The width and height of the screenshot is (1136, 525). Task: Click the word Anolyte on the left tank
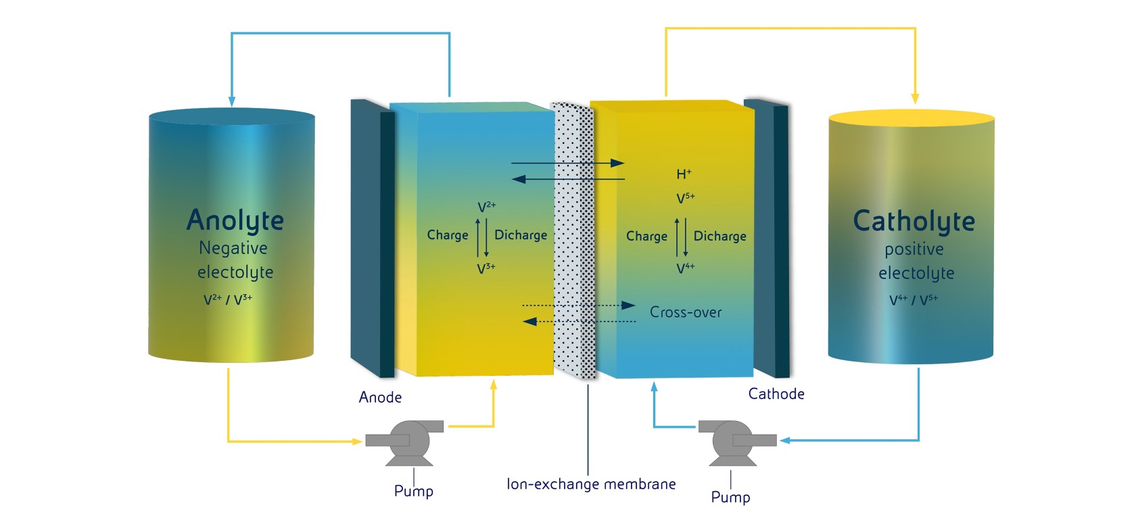click(235, 220)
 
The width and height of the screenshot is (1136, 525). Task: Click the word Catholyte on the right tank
click(914, 221)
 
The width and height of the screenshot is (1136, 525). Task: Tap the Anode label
click(380, 397)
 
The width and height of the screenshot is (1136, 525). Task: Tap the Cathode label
click(776, 394)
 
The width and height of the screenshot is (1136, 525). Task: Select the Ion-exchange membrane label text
click(591, 484)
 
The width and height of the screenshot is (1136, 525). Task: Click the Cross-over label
click(686, 312)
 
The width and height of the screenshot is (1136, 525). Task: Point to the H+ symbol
click(684, 174)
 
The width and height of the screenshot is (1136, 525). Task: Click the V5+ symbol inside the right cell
click(685, 198)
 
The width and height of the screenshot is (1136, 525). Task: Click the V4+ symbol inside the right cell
click(685, 268)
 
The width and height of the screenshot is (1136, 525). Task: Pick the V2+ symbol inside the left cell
click(486, 207)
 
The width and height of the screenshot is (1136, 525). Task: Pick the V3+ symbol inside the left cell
click(486, 268)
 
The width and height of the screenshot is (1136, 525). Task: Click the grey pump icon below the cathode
click(733, 442)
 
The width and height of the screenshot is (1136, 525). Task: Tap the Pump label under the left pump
click(414, 491)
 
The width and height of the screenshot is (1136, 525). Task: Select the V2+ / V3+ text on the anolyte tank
click(228, 299)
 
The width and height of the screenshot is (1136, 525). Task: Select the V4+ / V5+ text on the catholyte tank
click(914, 299)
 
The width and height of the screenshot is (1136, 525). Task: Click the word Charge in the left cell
click(448, 235)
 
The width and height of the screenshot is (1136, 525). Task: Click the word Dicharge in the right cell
click(720, 236)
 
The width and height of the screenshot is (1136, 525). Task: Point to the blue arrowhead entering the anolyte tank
click(232, 101)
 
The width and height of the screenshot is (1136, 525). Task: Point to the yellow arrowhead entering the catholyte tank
click(915, 99)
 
